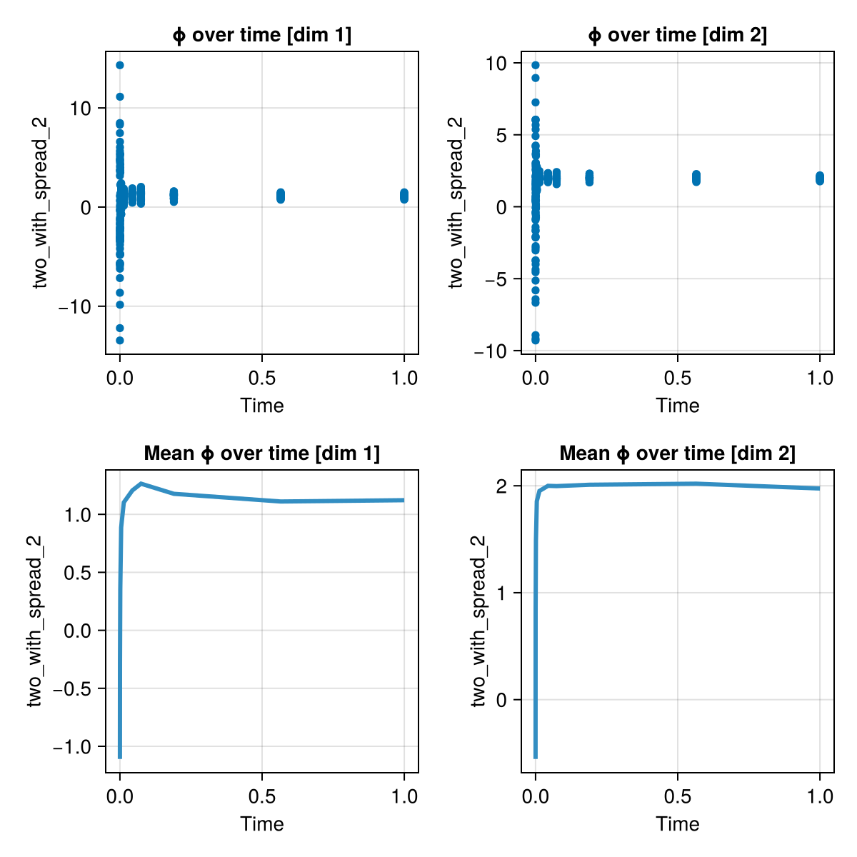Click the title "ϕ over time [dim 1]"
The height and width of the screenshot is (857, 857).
coord(262,35)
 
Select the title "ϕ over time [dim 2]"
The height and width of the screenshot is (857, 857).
coord(677,35)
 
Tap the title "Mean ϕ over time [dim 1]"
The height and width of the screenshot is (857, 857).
coord(262,453)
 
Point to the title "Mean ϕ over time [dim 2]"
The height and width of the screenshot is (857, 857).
coord(677,453)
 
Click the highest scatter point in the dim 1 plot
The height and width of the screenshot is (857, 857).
coord(120,65)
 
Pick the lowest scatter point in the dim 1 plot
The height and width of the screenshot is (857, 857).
coord(120,341)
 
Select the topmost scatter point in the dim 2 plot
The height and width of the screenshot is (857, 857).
coord(536,65)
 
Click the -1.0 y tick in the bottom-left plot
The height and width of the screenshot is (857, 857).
coord(74,746)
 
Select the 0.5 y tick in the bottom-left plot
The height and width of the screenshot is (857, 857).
coord(81,573)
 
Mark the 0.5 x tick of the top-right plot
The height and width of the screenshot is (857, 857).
coord(677,377)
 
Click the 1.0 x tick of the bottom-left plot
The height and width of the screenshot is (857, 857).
coord(404,796)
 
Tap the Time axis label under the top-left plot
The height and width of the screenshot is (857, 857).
coord(262,406)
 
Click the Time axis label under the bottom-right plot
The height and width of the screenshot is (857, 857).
coord(677,824)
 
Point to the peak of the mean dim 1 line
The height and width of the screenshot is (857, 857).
coord(141,483)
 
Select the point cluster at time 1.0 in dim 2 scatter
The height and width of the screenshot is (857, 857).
coord(820,178)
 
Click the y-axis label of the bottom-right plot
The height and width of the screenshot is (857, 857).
coord(479,621)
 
